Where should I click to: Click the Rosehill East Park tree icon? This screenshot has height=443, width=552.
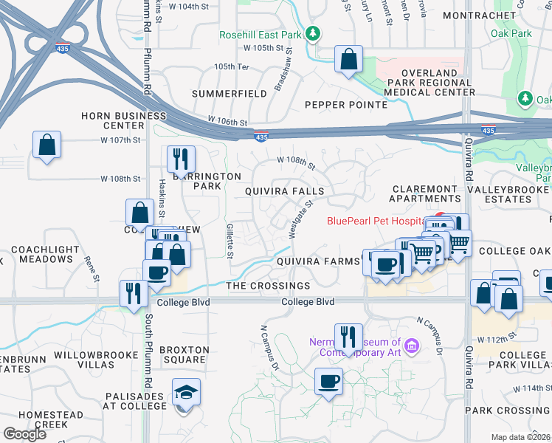(x=313, y=34)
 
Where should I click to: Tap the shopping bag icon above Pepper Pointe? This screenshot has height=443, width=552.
(x=348, y=59)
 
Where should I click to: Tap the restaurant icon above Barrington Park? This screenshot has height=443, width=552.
(x=179, y=158)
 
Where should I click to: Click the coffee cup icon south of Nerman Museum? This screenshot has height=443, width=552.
(x=329, y=382)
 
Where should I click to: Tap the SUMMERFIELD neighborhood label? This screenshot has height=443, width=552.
(x=230, y=95)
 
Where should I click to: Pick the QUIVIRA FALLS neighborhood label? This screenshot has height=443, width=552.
(x=285, y=190)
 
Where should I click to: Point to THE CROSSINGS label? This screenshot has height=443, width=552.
(x=268, y=286)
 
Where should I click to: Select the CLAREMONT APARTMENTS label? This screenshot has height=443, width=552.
(x=426, y=194)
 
